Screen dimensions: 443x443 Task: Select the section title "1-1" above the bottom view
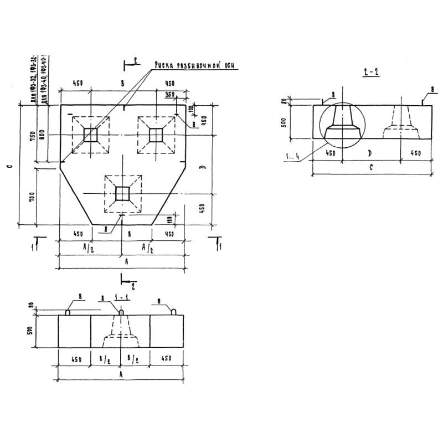(119, 297)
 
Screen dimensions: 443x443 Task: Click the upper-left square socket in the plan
(90, 135)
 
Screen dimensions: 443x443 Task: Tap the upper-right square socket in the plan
(156, 135)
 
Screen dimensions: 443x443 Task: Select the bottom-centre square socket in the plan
(122, 193)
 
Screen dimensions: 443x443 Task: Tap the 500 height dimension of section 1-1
(32, 331)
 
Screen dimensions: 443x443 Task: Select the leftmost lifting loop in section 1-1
(68, 312)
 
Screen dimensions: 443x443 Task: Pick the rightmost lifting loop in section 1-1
(174, 312)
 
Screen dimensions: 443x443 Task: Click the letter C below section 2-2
(371, 166)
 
